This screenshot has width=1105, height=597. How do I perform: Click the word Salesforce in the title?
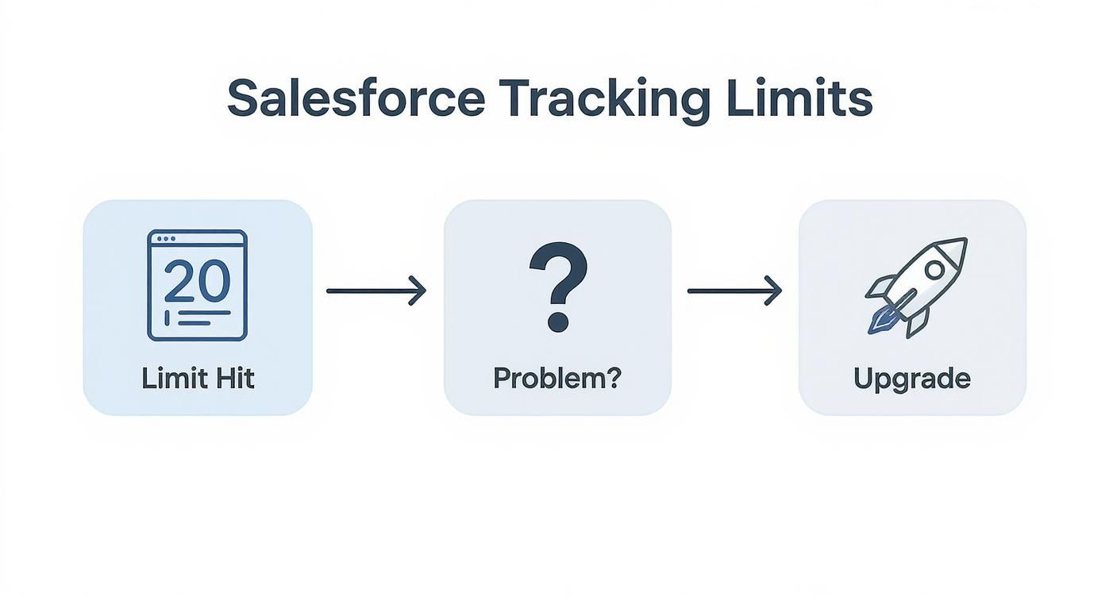(355, 99)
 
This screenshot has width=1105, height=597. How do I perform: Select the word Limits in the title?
(799, 99)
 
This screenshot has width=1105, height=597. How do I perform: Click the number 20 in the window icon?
(197, 280)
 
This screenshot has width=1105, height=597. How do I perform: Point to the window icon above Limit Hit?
(197, 285)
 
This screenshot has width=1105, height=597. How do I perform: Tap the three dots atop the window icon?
(166, 238)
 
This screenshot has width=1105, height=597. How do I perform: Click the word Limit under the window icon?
(168, 378)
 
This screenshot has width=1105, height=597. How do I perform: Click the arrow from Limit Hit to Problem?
(375, 291)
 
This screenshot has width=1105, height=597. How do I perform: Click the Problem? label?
(556, 378)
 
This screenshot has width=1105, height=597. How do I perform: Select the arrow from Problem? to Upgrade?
(734, 291)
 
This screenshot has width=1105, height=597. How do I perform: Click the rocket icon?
(916, 286)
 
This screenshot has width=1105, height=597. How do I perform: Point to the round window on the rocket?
(934, 269)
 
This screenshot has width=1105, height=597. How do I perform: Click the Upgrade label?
(912, 379)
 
